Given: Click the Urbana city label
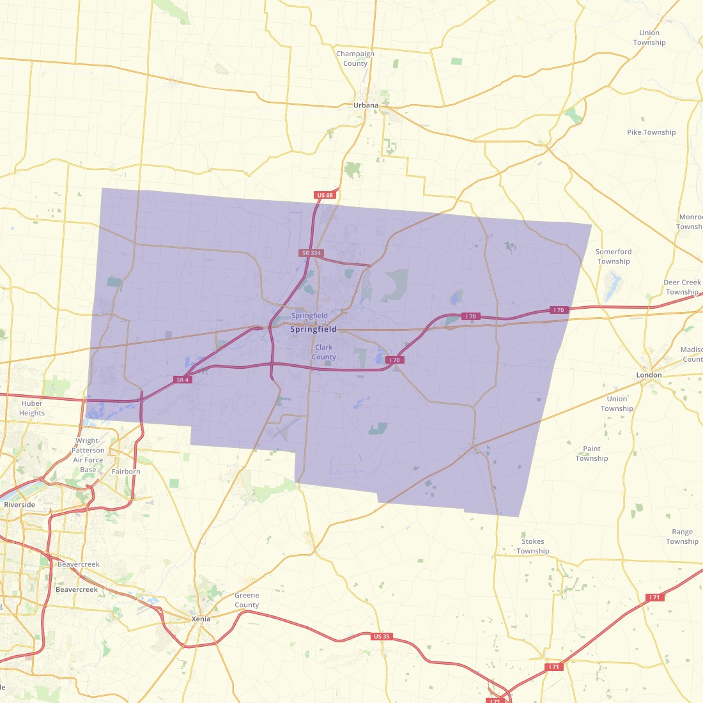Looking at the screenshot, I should (366, 105).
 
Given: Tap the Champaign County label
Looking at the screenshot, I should (355, 59).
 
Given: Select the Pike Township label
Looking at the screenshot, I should (651, 132).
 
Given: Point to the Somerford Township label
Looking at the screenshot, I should (614, 256).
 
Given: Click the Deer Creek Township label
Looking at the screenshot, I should (682, 287).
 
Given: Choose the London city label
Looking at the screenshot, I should (649, 375).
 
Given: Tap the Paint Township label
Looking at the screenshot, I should (592, 454).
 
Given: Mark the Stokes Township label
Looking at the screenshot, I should (533, 546).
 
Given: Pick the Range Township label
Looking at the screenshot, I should (682, 537).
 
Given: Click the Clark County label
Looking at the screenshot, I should (324, 352).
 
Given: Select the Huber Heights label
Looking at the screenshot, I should (32, 408).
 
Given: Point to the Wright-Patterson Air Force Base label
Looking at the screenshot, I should (88, 455).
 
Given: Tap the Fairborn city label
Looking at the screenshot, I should (126, 472).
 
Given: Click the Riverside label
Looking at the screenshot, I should (20, 505).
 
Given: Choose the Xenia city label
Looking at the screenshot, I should (201, 619).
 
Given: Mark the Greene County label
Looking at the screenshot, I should (247, 600).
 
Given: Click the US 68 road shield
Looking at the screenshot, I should (325, 195).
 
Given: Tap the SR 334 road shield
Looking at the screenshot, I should (311, 253).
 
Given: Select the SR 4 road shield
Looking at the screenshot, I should (183, 380).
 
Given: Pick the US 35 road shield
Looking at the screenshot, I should (382, 637).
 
